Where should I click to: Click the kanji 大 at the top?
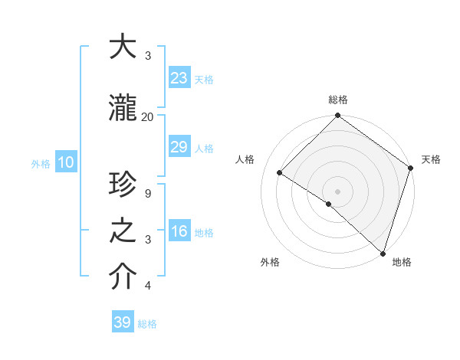click(123, 47)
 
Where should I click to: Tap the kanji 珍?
click(123, 185)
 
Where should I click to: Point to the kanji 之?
click(123, 232)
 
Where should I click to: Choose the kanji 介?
click(123, 277)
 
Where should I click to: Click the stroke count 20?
click(147, 116)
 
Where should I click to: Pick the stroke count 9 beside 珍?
click(147, 193)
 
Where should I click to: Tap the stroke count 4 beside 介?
click(147, 286)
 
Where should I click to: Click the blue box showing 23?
click(179, 77)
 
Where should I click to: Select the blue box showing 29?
click(179, 147)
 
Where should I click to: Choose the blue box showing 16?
click(179, 231)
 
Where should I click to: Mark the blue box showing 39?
click(122, 322)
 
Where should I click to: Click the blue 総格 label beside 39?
click(148, 324)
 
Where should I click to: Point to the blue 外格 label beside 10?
click(41, 163)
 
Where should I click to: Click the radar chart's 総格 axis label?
click(338, 100)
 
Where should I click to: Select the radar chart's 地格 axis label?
click(402, 262)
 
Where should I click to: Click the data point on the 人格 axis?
click(280, 172)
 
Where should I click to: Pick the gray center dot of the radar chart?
click(337, 191)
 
